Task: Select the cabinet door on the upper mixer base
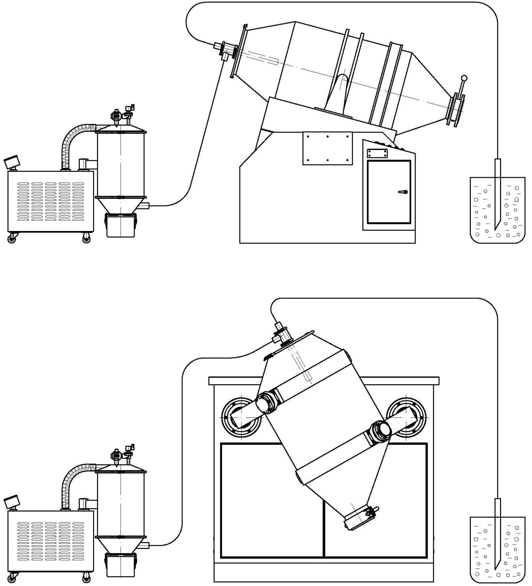[389, 192]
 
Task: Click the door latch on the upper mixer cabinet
[403, 192]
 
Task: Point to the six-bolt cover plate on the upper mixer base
[327, 148]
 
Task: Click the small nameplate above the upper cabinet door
[377, 153]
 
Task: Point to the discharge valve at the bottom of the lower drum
[361, 518]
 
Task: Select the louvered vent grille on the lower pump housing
[51, 540]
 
